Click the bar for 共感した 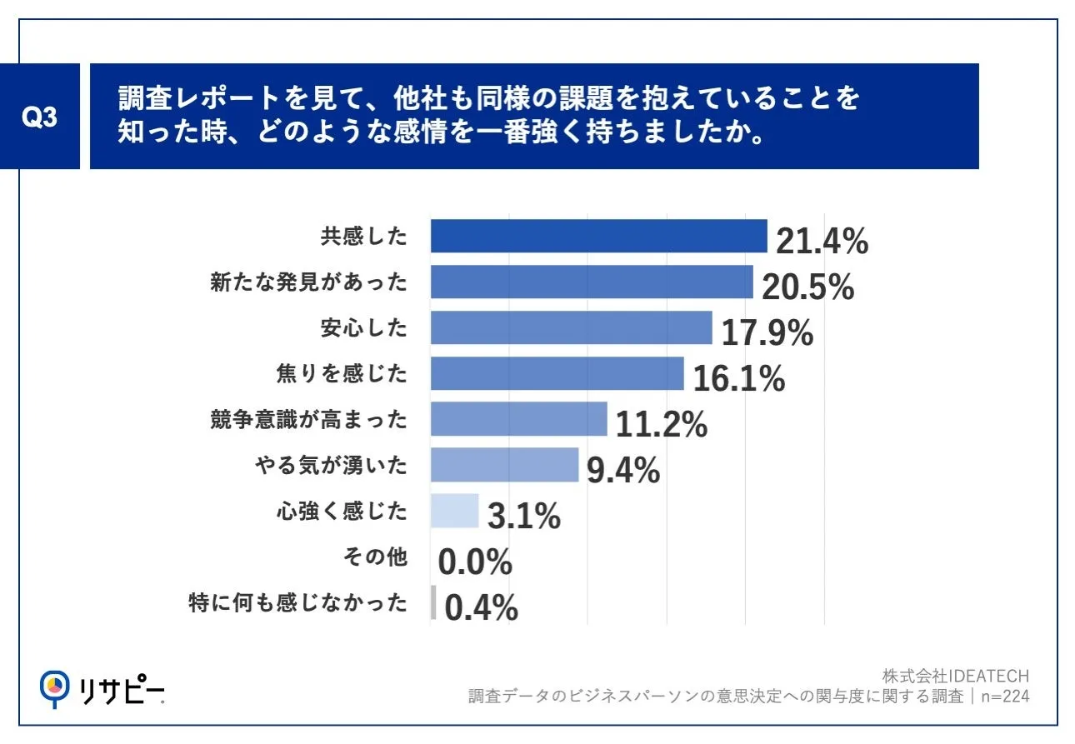click(599, 236)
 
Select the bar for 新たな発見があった click(592, 282)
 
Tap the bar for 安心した click(572, 327)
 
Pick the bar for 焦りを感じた click(557, 373)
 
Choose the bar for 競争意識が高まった click(519, 419)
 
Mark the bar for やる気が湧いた click(505, 465)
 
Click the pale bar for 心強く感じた click(454, 511)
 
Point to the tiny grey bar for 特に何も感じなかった click(433, 602)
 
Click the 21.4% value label click(822, 241)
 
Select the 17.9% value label click(767, 332)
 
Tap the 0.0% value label click(475, 562)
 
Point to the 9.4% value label click(623, 470)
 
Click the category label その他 click(375, 557)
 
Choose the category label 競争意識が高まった click(308, 419)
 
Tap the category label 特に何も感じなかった click(298, 602)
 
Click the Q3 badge click(39, 116)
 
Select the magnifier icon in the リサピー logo click(54, 689)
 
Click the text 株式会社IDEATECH click(956, 677)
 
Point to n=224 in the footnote click(1005, 696)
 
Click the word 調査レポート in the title click(199, 97)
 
